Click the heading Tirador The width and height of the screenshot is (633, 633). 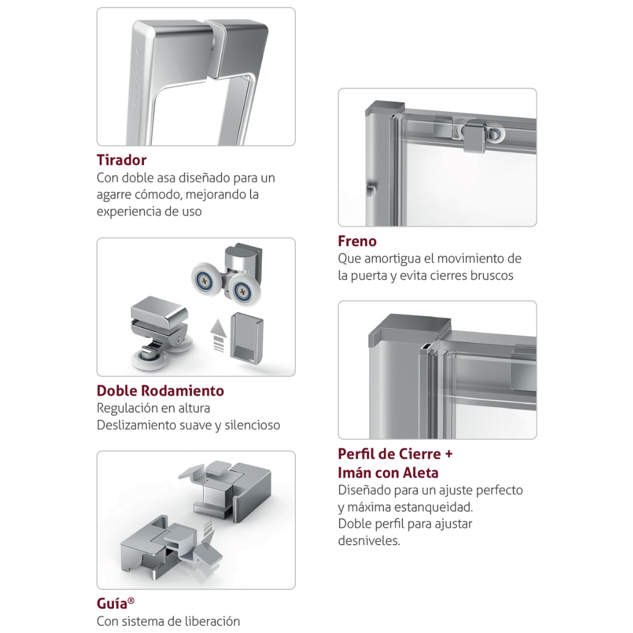pos(121,160)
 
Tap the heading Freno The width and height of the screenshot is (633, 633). pos(357,241)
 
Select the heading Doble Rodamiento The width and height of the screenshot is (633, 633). pos(160,390)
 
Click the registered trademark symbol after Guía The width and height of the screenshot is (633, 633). pos(131,600)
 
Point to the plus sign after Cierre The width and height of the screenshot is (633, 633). pos(448,454)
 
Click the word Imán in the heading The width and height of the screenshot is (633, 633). pos(354,473)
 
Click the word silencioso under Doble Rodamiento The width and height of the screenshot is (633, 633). pos(252,425)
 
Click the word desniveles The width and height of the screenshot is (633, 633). pos(369,541)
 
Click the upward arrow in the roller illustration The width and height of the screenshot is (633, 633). pos(218,335)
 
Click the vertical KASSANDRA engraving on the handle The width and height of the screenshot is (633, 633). pos(137,86)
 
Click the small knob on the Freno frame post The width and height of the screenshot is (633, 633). pos(371,190)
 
